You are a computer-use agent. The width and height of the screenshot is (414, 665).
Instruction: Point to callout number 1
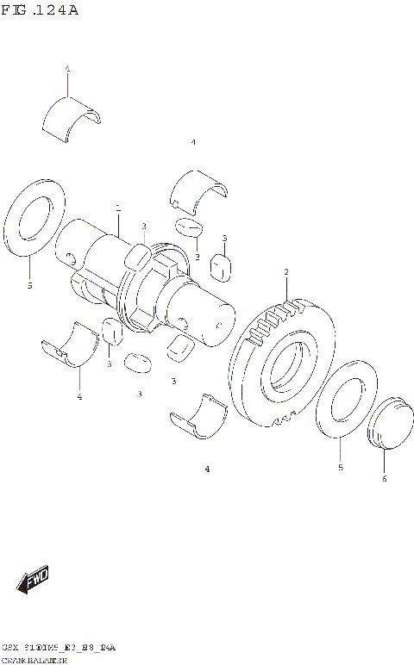click(x=118, y=208)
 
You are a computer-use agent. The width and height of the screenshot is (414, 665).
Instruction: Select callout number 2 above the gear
click(x=285, y=273)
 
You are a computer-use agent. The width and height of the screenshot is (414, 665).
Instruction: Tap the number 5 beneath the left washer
click(x=29, y=285)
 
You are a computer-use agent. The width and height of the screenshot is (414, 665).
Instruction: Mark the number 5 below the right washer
click(x=340, y=468)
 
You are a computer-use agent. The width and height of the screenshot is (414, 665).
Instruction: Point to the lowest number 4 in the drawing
click(x=207, y=469)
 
